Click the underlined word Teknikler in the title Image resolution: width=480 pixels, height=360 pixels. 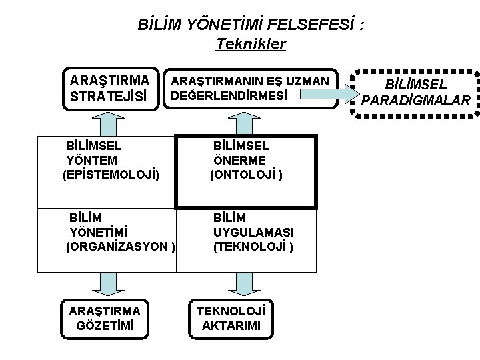tap(251, 45)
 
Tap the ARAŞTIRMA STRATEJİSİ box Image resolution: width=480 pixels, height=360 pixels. tap(111, 88)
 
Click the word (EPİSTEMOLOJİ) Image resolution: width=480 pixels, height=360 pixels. tap(111, 175)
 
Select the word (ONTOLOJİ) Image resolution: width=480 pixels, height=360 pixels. tap(247, 175)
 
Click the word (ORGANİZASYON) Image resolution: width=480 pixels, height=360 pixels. tap(121, 247)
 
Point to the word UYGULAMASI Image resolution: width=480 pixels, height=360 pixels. tap(254, 232)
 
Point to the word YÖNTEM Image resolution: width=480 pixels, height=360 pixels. tap(92, 160)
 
